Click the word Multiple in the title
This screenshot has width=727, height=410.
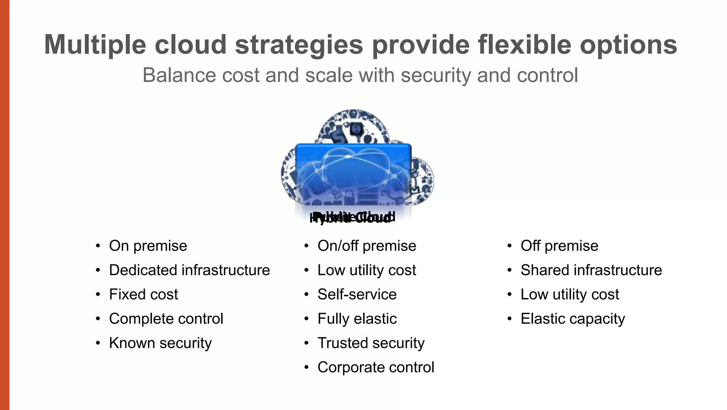tap(95, 45)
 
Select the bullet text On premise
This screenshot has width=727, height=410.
tap(148, 246)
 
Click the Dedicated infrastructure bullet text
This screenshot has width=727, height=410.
tap(189, 270)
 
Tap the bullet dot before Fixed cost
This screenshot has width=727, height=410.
tap(98, 295)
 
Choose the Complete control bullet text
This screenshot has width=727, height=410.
tap(166, 319)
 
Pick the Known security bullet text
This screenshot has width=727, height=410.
tap(160, 343)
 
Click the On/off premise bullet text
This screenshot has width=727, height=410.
tap(367, 246)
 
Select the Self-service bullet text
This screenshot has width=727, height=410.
tap(357, 295)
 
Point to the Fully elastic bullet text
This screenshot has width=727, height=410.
tap(357, 319)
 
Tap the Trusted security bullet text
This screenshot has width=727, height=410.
tap(371, 343)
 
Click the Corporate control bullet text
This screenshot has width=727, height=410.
tap(376, 367)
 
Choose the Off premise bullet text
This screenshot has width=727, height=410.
tap(559, 246)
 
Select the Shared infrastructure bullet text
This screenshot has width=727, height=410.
tap(591, 270)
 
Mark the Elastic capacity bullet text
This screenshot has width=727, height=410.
tap(573, 319)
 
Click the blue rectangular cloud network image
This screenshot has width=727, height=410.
tap(353, 174)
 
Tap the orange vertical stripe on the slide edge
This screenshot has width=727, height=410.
tap(5, 205)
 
